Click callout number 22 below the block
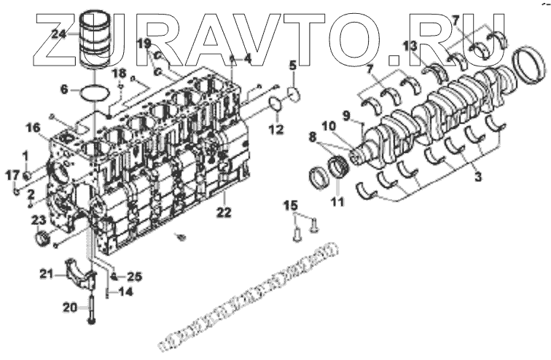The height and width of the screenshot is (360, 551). (x=225, y=212)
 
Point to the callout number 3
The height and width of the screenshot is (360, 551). (x=477, y=176)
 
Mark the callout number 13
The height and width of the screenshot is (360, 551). (x=410, y=46)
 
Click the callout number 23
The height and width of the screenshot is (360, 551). (x=38, y=220)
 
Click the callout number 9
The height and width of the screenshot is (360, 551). (x=348, y=114)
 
